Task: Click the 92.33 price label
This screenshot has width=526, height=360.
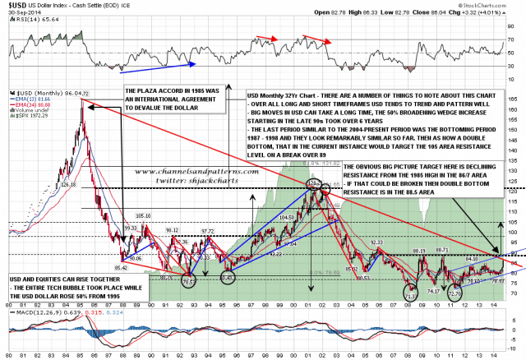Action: coord(377,242)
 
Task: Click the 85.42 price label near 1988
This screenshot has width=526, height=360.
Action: coord(122,268)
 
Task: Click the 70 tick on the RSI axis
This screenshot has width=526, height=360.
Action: coord(512,39)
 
